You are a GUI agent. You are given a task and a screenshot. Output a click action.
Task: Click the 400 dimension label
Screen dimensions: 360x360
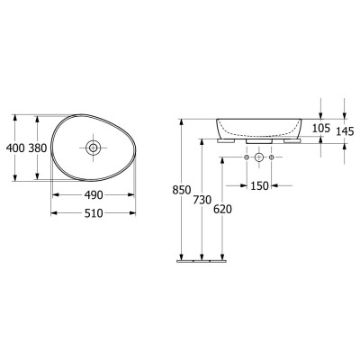[x=15, y=148]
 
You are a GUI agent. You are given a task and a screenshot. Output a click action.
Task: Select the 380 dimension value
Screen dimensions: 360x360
[x=38, y=148]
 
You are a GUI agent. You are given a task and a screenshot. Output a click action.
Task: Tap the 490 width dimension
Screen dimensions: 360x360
[x=94, y=195]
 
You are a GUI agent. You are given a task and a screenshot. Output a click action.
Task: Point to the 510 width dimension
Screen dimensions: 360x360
[x=94, y=213]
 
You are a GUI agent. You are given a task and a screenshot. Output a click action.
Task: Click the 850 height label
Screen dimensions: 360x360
[x=182, y=190]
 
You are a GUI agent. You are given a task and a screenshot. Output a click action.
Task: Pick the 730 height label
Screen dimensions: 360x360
[x=202, y=200]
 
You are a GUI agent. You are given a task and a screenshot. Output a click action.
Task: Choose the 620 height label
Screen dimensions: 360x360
[x=222, y=210]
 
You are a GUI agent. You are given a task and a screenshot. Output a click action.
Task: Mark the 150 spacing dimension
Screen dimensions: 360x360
[x=259, y=186]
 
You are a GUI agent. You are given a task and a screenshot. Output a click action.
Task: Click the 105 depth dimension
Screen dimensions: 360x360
[x=321, y=128]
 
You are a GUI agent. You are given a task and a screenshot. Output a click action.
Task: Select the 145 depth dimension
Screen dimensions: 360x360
[x=345, y=131]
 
